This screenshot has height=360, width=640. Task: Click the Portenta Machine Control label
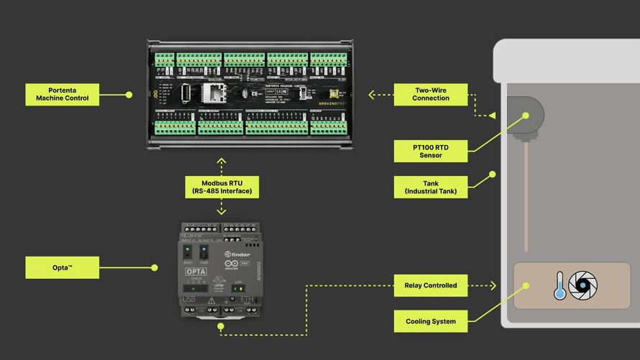(x=62, y=94)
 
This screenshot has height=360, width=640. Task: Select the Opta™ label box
(x=62, y=267)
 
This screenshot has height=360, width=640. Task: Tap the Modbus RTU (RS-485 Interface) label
(x=221, y=187)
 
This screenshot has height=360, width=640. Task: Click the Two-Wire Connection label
(x=431, y=94)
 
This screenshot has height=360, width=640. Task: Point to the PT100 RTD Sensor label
(x=431, y=151)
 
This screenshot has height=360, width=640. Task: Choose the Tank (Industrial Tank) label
(x=431, y=187)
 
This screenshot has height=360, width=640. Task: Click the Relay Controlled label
(x=431, y=285)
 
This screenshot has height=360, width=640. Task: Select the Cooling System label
(x=431, y=321)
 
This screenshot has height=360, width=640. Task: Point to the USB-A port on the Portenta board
(x=186, y=93)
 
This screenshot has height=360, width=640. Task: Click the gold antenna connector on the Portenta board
(x=334, y=93)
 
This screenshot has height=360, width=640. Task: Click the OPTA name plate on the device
(x=196, y=272)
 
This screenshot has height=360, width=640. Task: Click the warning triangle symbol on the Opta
(x=213, y=300)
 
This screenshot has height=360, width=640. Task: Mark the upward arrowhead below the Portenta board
(x=221, y=161)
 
